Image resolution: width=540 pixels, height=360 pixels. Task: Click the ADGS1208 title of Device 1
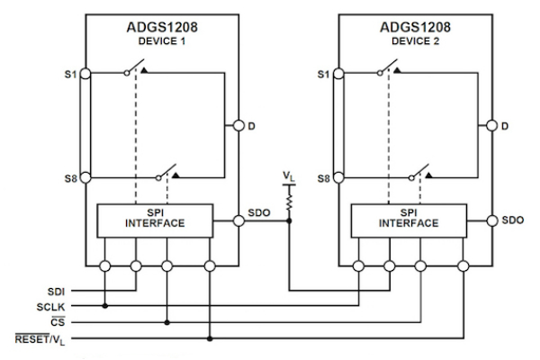(x=162, y=27)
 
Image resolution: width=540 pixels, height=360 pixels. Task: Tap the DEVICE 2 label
(x=415, y=41)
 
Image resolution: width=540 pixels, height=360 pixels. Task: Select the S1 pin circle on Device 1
(x=85, y=74)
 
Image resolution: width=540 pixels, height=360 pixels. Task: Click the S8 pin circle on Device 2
(x=339, y=177)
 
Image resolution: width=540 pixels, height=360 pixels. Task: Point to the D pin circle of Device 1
(x=238, y=125)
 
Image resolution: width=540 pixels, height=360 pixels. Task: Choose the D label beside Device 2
(x=505, y=126)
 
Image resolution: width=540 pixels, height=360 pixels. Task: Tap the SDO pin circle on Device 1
(x=238, y=220)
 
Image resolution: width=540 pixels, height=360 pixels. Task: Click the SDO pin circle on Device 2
(x=492, y=220)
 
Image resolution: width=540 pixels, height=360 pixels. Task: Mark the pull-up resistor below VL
(x=289, y=202)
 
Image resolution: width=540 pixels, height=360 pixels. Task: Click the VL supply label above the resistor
(x=289, y=176)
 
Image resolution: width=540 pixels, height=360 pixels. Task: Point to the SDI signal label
(x=56, y=292)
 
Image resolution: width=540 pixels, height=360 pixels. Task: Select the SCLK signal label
(x=50, y=307)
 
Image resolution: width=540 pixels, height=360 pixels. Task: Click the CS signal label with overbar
(x=58, y=321)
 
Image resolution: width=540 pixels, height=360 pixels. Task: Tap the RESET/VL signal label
(x=40, y=339)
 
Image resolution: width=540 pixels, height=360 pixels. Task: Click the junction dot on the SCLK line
(x=105, y=306)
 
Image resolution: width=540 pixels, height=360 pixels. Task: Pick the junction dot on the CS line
(x=167, y=322)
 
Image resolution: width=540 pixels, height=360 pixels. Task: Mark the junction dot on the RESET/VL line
(x=210, y=338)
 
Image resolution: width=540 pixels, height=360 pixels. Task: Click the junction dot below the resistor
(x=289, y=220)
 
